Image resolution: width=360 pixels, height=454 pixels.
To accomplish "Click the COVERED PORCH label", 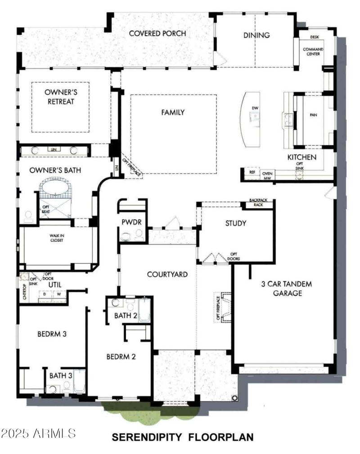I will (x=157, y=34).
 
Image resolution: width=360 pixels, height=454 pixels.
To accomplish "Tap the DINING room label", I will (x=256, y=35).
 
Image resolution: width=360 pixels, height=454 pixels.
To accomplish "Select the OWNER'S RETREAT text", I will (x=59, y=96).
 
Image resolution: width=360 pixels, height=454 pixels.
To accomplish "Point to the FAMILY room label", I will (x=173, y=112).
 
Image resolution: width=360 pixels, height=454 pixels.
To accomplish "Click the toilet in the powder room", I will (x=126, y=234).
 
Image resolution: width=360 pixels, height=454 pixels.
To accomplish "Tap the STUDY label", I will (x=235, y=223).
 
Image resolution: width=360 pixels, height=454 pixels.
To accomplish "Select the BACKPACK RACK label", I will (x=262, y=203).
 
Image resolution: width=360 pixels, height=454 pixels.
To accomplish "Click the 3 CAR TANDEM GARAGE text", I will (x=286, y=289).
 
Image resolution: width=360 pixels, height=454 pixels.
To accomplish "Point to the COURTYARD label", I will (x=167, y=274).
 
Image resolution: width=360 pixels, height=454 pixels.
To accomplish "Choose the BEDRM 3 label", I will (x=52, y=334).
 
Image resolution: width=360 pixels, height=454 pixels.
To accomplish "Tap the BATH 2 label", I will (x=126, y=316).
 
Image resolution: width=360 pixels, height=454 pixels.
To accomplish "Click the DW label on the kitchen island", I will (x=255, y=108).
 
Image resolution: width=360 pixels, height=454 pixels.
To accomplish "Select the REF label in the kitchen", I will (x=252, y=172).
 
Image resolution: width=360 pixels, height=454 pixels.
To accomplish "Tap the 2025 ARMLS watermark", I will (x=38, y=433).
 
